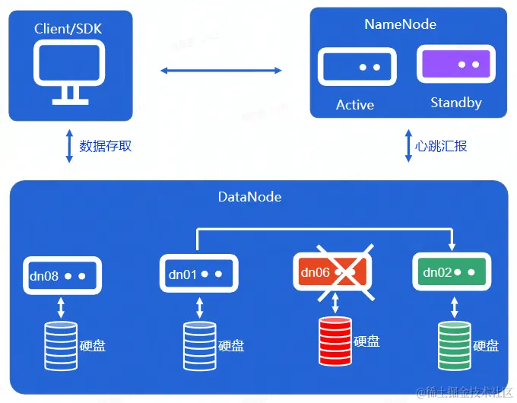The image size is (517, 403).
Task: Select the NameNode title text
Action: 401,24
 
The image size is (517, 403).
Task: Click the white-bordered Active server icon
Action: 357,67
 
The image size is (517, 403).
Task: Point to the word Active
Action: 355,105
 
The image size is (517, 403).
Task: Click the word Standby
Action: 456,103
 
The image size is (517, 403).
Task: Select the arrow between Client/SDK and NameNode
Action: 220,71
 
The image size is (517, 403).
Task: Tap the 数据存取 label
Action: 105,145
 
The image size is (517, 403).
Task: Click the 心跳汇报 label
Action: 441,145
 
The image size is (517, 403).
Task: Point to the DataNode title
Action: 249,197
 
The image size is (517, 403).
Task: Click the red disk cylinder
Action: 336,342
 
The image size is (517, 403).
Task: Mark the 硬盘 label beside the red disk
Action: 366,341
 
